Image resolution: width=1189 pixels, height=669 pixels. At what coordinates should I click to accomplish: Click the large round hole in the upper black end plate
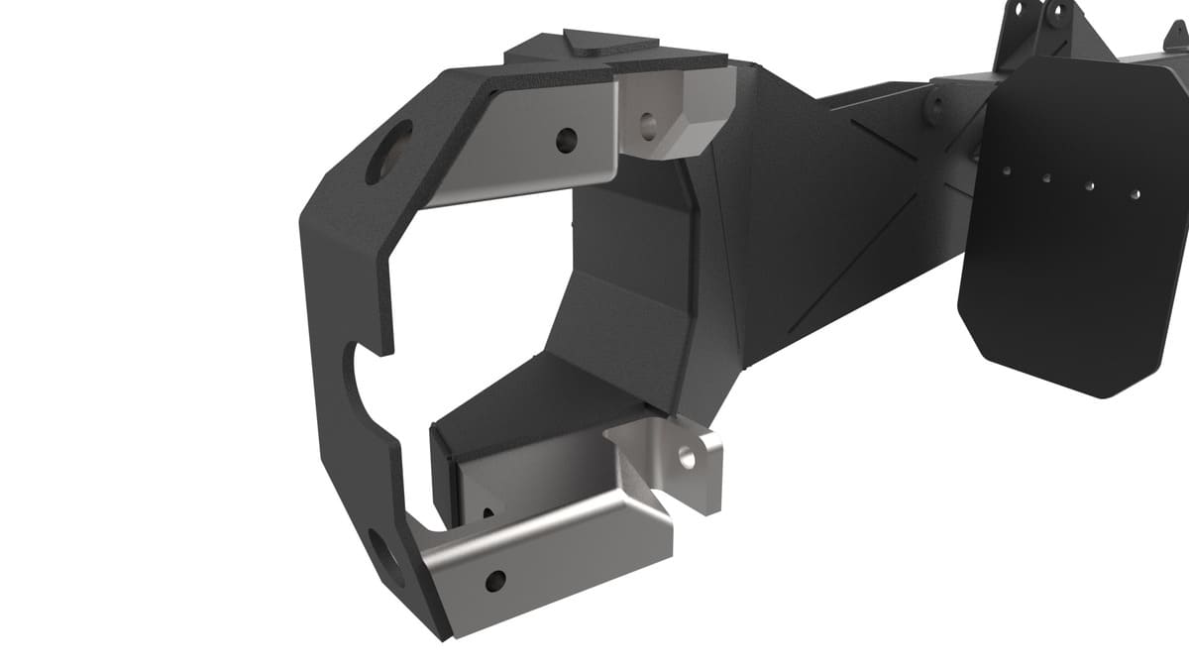(x=387, y=153)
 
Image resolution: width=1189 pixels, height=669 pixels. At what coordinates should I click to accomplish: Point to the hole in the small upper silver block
(x=649, y=125)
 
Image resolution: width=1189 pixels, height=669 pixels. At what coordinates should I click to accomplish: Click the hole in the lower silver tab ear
(x=688, y=456)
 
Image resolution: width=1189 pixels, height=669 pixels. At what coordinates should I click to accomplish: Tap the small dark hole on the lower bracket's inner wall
(x=487, y=513)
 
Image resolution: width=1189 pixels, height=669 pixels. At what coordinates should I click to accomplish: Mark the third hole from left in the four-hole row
(x=1090, y=185)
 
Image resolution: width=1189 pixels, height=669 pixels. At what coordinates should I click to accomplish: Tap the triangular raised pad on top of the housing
(x=606, y=41)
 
